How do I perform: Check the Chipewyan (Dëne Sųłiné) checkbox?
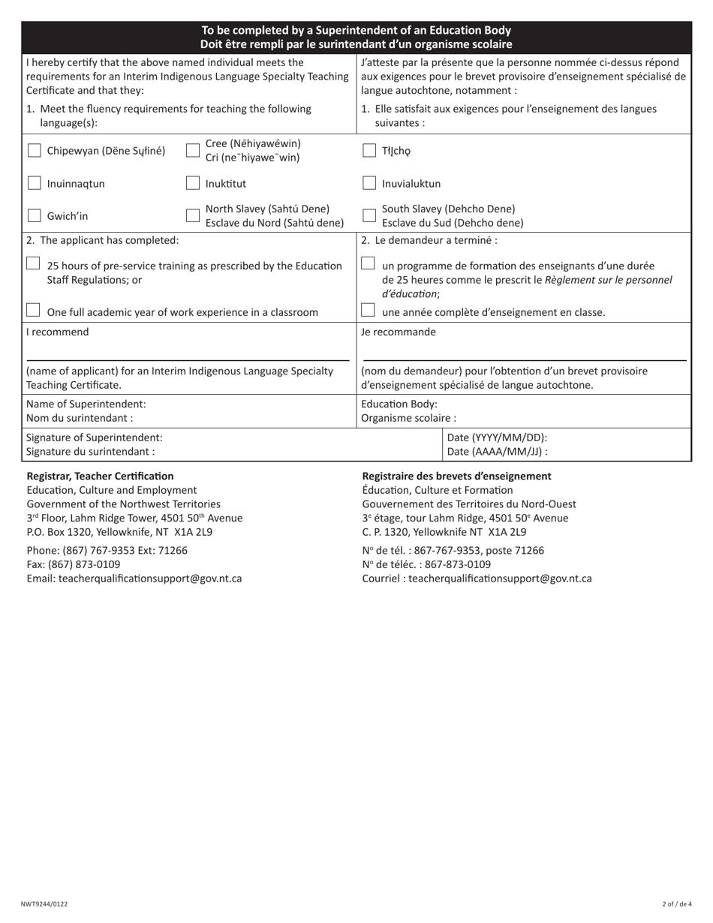(x=35, y=151)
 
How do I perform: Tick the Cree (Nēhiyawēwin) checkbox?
(x=193, y=151)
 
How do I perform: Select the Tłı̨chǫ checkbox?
(x=369, y=151)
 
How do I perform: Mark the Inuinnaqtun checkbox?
(x=35, y=183)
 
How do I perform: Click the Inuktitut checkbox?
(x=193, y=183)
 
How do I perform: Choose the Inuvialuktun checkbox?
(x=369, y=183)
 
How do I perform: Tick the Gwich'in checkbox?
(x=35, y=216)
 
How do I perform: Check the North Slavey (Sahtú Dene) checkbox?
(x=193, y=216)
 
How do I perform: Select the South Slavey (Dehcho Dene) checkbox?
(x=369, y=216)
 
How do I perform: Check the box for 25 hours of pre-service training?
(x=33, y=264)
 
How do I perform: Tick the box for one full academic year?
(x=33, y=311)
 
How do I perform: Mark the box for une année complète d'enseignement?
(x=368, y=311)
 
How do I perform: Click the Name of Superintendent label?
(x=86, y=404)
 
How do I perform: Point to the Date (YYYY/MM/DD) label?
(x=497, y=437)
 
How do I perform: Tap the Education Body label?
(x=399, y=404)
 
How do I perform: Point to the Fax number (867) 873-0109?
(x=74, y=564)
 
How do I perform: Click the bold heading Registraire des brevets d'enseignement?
(x=456, y=476)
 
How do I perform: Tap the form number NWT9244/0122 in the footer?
(x=44, y=904)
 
